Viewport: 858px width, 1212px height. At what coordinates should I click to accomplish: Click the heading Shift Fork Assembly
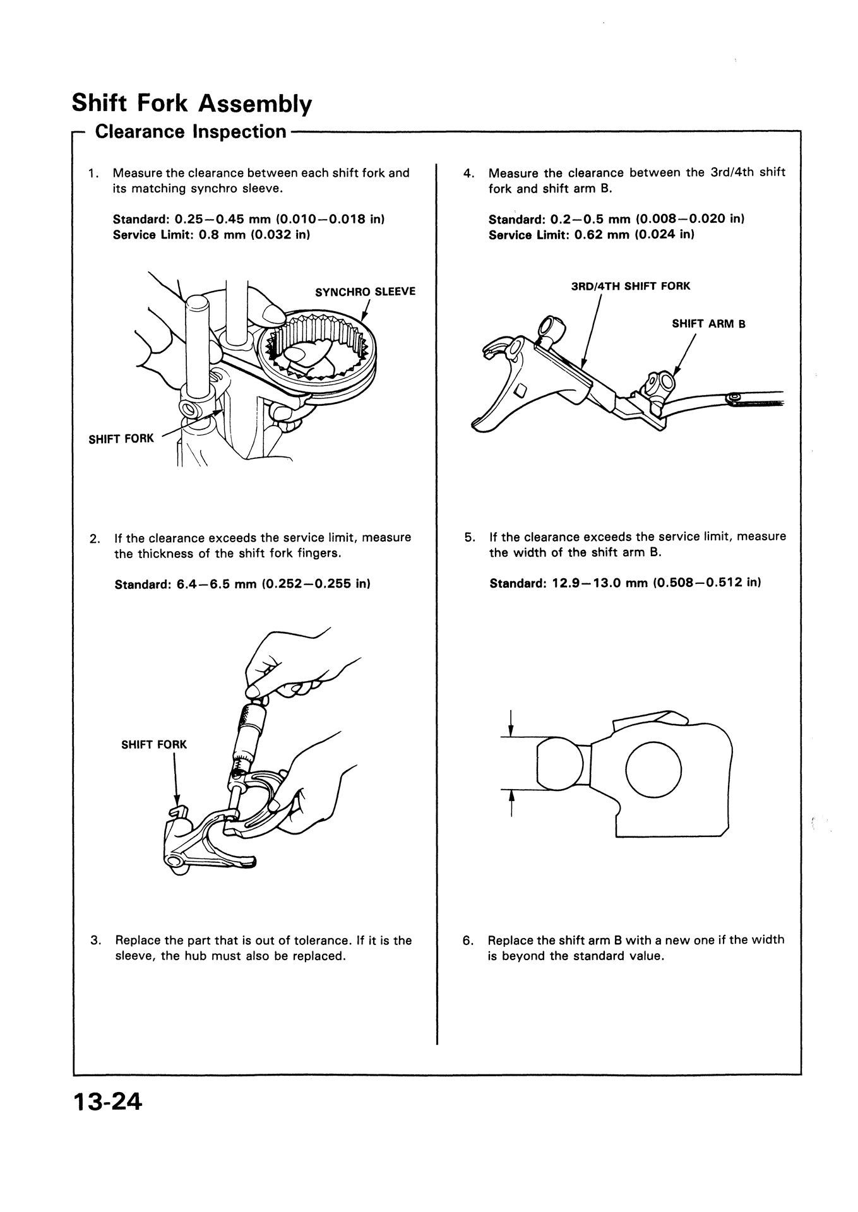(191, 102)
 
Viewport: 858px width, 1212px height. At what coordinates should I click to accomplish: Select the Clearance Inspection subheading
(190, 132)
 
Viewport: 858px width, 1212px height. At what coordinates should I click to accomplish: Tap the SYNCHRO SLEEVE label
(365, 292)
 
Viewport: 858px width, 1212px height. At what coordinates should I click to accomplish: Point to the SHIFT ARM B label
(708, 324)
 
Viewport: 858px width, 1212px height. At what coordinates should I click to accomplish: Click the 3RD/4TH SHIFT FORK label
(630, 286)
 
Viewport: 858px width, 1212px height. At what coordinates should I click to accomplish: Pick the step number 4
(468, 172)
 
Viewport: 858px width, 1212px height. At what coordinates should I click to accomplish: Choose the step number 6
(468, 940)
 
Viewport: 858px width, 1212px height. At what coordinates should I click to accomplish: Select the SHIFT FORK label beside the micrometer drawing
(154, 744)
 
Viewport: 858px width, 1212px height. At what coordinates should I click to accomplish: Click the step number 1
(93, 173)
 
